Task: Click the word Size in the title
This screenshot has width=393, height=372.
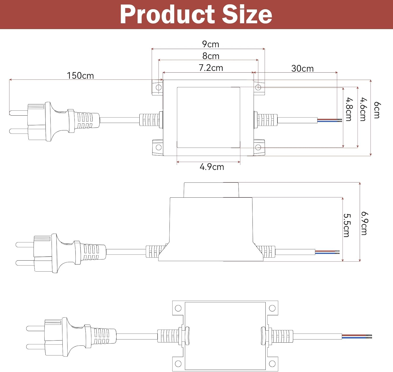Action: (247, 14)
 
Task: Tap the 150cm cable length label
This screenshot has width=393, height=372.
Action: (80, 76)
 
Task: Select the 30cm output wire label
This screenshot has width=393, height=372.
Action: (302, 68)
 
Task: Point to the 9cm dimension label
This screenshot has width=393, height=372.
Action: (210, 44)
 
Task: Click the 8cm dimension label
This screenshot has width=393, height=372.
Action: (211, 56)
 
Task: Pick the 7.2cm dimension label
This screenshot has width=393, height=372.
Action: (211, 68)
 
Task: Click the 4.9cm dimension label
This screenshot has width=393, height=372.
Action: (212, 167)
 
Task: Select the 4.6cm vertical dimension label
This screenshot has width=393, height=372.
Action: (363, 109)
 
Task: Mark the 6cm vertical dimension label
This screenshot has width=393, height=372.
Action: (377, 110)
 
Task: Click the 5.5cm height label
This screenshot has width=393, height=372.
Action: (346, 225)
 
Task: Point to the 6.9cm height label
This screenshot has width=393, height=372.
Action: (364, 223)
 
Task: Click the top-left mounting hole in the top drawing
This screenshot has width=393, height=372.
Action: (159, 87)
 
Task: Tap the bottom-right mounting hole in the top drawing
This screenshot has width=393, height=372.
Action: (258, 147)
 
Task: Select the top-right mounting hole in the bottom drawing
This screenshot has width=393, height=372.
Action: (272, 308)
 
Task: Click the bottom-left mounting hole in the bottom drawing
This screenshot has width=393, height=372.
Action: (178, 364)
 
